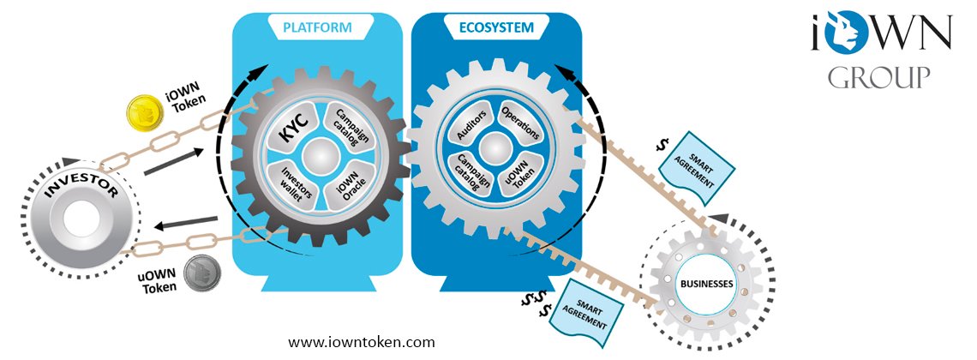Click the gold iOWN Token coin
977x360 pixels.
[145, 113]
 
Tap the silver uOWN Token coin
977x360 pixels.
[202, 273]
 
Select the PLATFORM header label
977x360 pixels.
[316, 27]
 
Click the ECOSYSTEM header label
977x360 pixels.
[496, 27]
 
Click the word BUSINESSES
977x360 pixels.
[706, 284]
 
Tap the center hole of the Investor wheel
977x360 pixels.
[81, 219]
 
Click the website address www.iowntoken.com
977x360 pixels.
[362, 342]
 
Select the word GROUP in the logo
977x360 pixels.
[879, 77]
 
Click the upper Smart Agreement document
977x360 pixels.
[697, 166]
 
